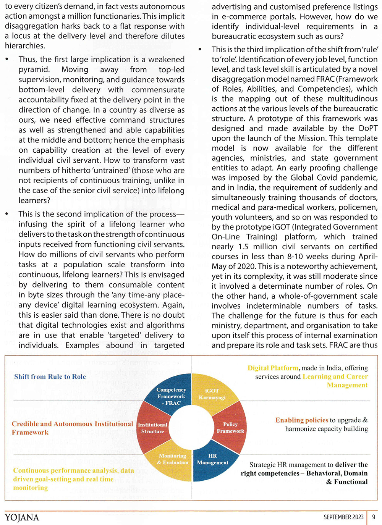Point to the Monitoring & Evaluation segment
pos(172,460)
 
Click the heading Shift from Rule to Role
pos(50,377)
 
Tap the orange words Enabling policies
pos(302,420)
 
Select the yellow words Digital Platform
pos(273,368)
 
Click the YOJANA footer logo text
pos(22,518)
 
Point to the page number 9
pos(374,517)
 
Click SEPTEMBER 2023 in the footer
pos(343,517)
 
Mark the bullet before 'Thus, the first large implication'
pos(7,60)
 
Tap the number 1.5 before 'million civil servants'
pos(243,247)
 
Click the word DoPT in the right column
pos(368,128)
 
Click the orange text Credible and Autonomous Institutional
pos(72,424)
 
